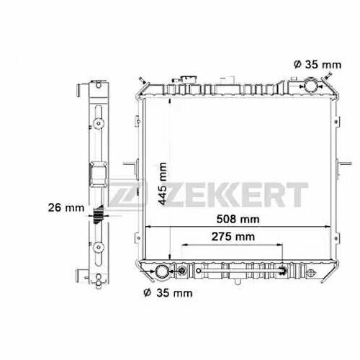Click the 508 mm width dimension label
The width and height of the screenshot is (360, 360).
(238, 219)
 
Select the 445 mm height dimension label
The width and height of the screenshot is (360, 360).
(163, 184)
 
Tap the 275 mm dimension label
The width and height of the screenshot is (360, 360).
(233, 237)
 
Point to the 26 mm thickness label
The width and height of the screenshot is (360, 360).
(66, 207)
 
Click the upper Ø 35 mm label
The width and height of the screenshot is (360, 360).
(318, 65)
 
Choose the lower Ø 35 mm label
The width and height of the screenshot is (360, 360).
(168, 293)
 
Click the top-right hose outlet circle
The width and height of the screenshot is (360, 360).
(310, 85)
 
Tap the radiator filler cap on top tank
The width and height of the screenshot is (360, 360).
(189, 79)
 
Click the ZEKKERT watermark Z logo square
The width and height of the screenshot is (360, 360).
(125, 194)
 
